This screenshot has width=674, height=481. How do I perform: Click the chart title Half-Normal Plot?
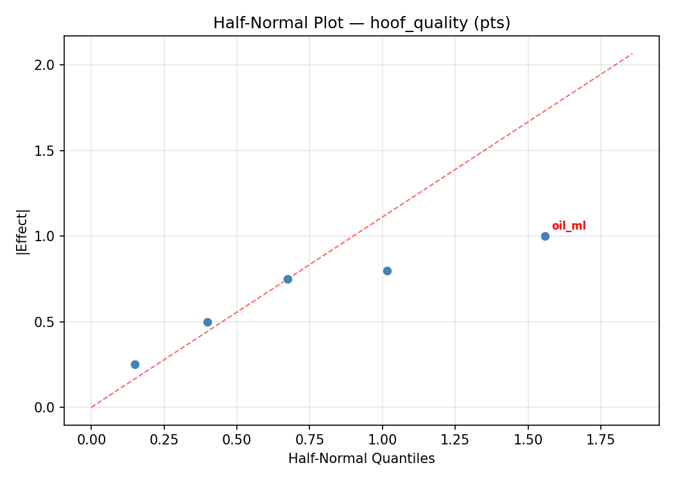pyautogui.click(x=361, y=23)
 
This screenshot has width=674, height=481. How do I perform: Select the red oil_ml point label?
pyautogui.click(x=569, y=226)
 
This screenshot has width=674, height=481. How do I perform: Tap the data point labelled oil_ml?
pyautogui.click(x=545, y=236)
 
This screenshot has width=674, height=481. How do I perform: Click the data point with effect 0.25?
pyautogui.click(x=135, y=364)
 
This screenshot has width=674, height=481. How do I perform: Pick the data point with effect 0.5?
pyautogui.click(x=207, y=322)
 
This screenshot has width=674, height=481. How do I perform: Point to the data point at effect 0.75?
pyautogui.click(x=288, y=279)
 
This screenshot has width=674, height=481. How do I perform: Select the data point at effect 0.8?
pyautogui.click(x=387, y=271)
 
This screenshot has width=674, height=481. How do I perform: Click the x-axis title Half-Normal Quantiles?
pyautogui.click(x=361, y=459)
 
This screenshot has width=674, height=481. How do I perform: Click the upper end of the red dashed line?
pyautogui.click(x=632, y=53)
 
